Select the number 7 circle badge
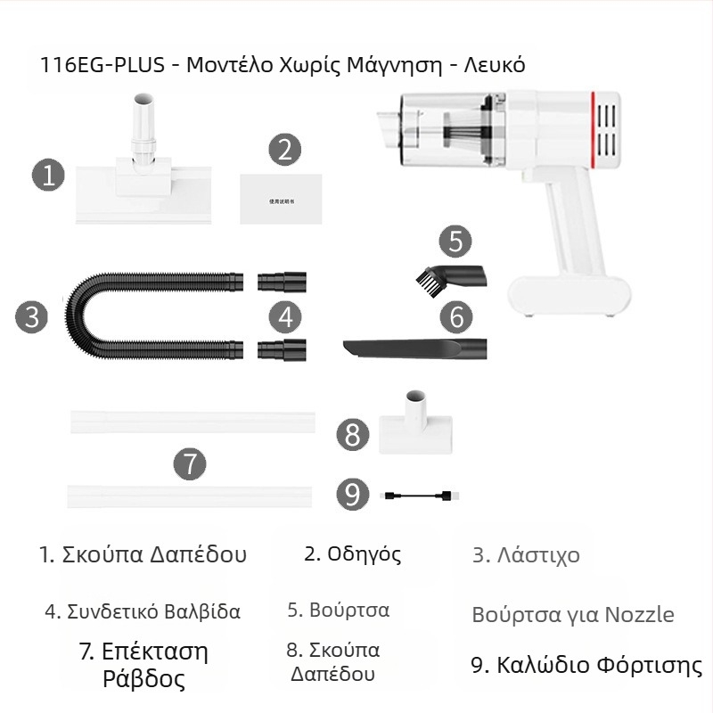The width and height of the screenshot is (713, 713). [x=190, y=464]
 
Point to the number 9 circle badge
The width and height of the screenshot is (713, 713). [x=352, y=495]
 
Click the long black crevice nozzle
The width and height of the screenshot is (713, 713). [x=414, y=347]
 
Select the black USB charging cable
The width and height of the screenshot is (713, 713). [x=418, y=495]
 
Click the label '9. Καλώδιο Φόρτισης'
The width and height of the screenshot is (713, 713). [x=586, y=666]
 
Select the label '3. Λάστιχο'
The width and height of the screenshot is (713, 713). [x=526, y=555]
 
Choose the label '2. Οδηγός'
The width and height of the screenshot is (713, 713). [x=352, y=553]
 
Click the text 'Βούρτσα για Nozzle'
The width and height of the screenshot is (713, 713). [x=572, y=615]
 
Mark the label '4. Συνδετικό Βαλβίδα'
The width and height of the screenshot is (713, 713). [x=143, y=611]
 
